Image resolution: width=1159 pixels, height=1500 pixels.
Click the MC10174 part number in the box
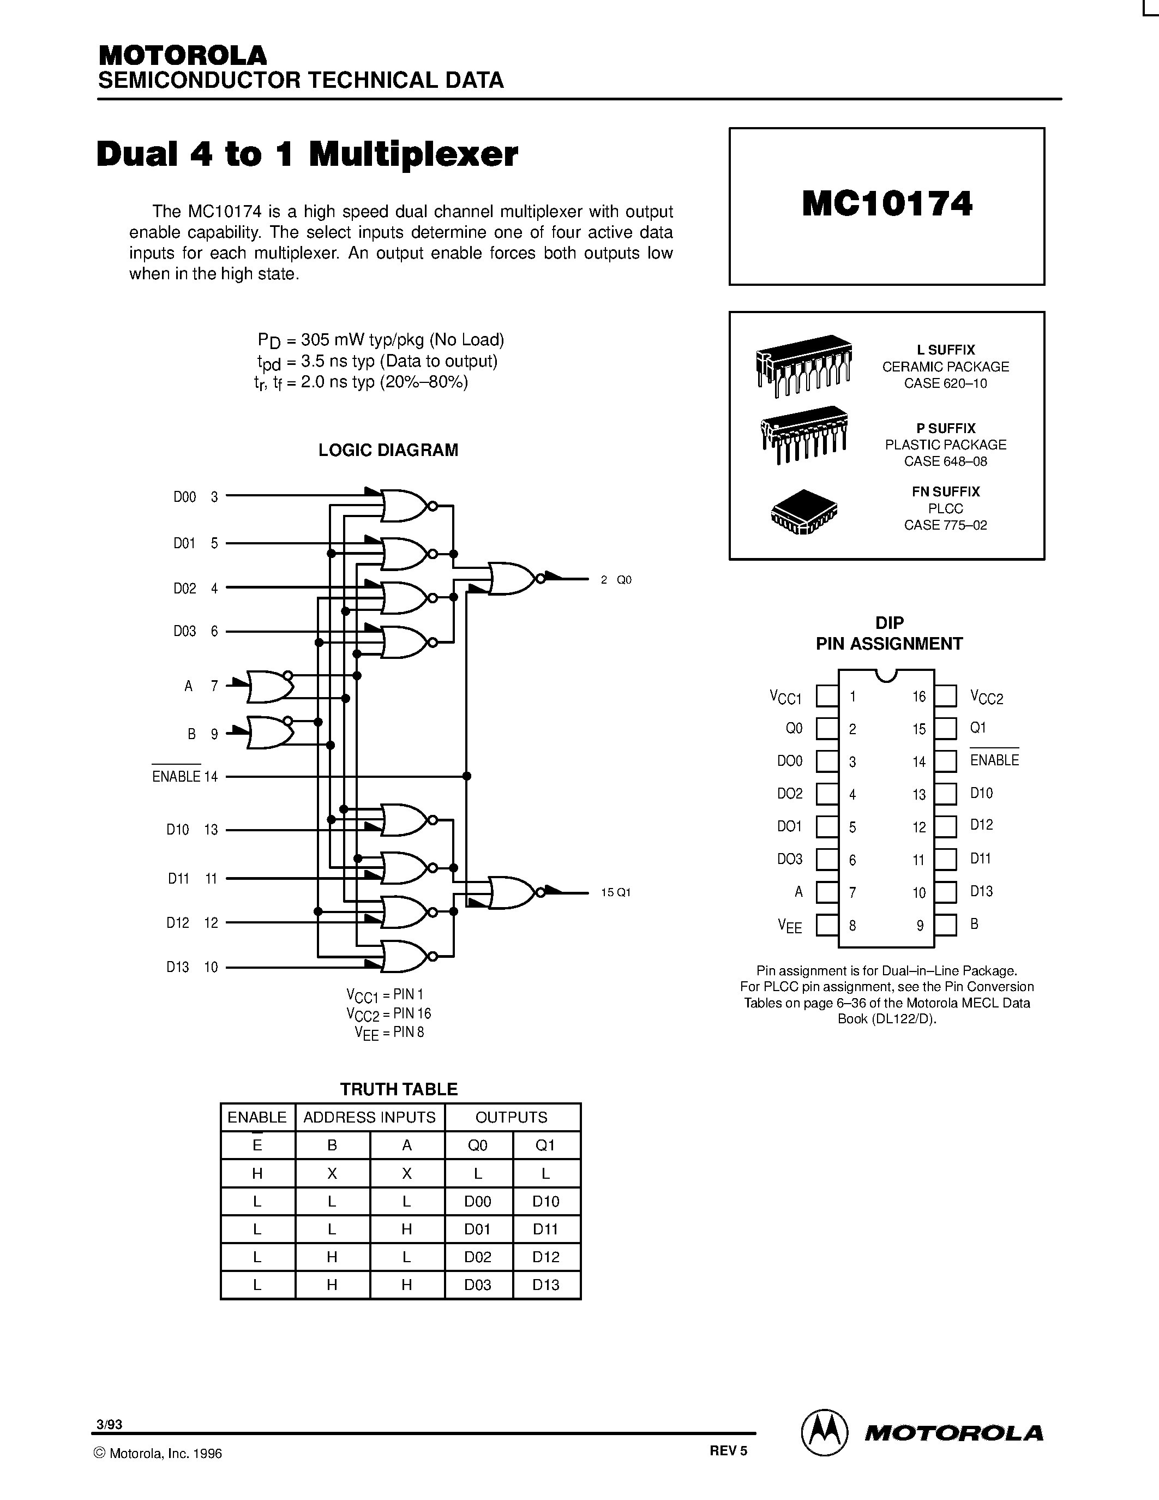click(886, 205)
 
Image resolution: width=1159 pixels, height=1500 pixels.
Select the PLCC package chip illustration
click(804, 512)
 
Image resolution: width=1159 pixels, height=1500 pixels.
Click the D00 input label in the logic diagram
click(184, 496)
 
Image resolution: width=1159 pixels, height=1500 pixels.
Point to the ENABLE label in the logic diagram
click(176, 776)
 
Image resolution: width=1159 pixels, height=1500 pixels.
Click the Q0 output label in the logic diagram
click(623, 580)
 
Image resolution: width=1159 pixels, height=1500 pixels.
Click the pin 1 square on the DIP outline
click(827, 697)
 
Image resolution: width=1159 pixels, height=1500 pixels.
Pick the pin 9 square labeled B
click(945, 925)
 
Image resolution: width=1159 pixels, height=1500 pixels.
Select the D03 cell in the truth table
click(478, 1285)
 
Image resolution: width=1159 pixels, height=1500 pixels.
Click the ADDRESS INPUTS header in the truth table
click(369, 1118)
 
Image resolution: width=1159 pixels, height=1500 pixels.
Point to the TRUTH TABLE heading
click(399, 1089)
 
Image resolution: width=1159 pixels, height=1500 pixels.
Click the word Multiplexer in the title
click(413, 154)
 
